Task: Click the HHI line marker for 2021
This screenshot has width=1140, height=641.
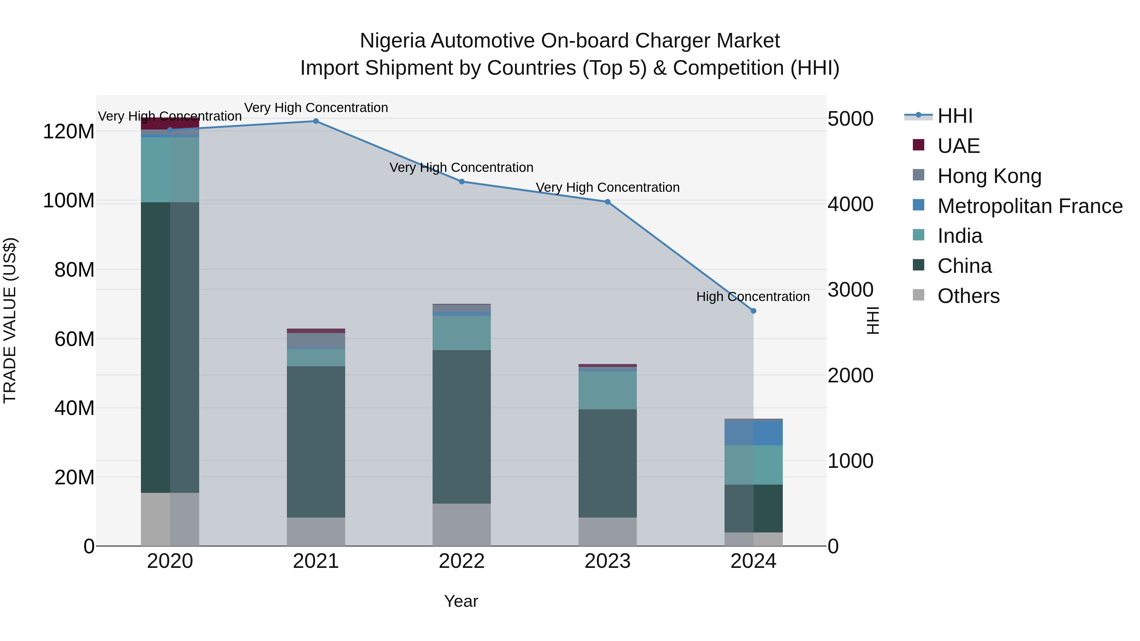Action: point(315,121)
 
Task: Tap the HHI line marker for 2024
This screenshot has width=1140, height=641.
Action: point(753,311)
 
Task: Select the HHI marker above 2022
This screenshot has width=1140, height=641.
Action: point(462,181)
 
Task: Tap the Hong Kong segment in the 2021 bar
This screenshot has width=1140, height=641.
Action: point(315,340)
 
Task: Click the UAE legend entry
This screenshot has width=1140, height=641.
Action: point(958,146)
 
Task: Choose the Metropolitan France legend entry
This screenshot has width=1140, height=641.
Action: point(1029,206)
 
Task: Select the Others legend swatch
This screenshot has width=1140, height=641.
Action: point(918,295)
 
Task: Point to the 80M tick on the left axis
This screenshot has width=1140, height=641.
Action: point(74,270)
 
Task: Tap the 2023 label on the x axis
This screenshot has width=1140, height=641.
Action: point(607,561)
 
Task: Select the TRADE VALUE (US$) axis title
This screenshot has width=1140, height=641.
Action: point(10,320)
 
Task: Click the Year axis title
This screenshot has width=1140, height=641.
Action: point(461,601)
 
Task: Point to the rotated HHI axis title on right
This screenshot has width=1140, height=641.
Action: point(872,320)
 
